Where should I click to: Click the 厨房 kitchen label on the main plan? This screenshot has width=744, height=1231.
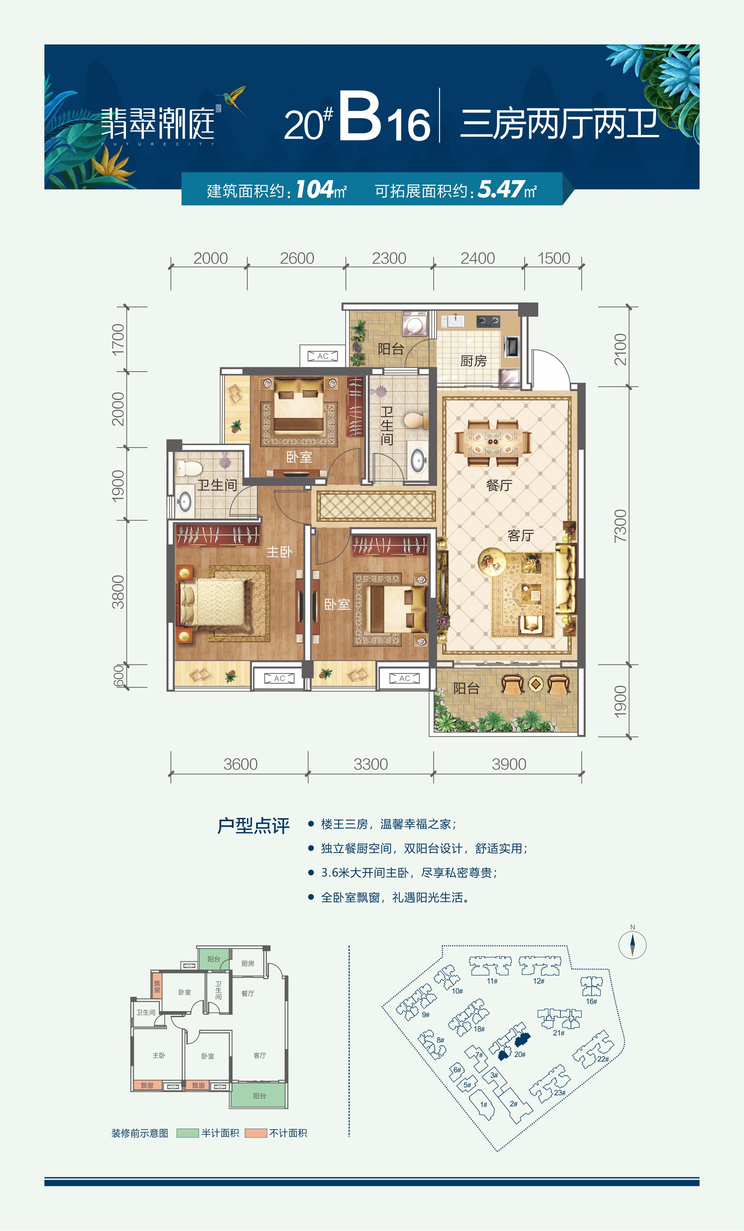(x=473, y=360)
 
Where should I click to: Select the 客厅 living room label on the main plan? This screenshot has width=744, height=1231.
(x=520, y=536)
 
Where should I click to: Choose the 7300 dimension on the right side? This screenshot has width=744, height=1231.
(x=620, y=526)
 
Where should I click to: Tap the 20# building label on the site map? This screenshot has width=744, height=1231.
(x=520, y=1054)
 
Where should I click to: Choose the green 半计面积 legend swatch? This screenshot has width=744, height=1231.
(x=188, y=1133)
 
